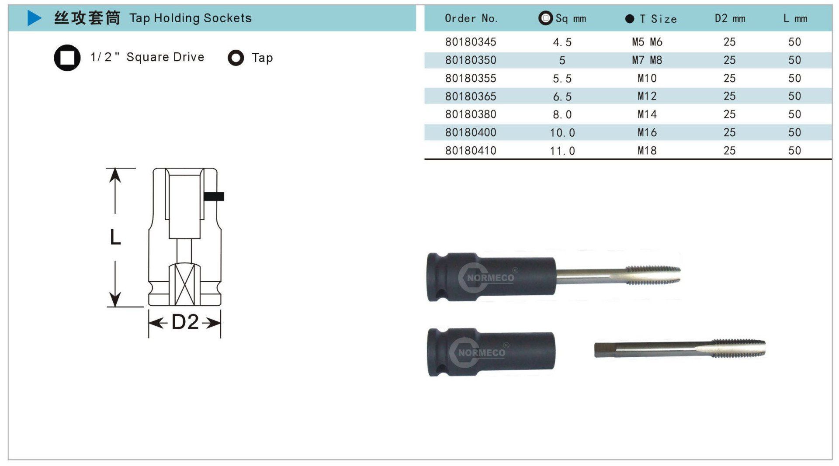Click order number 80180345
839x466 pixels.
471,42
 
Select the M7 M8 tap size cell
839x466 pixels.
647,60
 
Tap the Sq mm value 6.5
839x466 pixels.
562,97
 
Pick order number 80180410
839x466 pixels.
471,151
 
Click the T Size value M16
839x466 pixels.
647,132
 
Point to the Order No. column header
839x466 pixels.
471,18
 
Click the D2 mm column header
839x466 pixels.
730,18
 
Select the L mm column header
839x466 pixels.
795,18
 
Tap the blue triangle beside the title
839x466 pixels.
35,18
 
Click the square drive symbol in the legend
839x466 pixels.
67,58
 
